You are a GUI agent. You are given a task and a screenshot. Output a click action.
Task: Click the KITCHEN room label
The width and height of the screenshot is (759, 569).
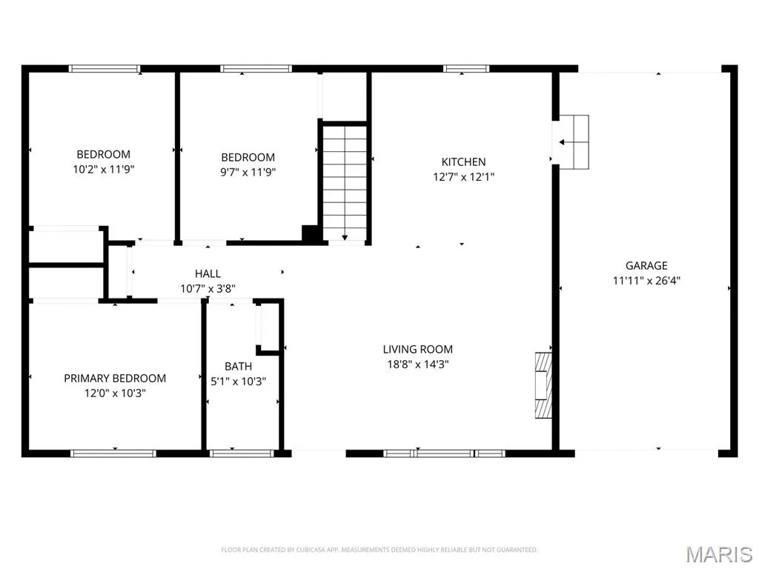click(463, 162)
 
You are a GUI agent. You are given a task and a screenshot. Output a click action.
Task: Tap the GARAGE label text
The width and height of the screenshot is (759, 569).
click(646, 265)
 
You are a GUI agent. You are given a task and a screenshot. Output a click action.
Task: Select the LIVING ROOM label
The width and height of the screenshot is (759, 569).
click(418, 349)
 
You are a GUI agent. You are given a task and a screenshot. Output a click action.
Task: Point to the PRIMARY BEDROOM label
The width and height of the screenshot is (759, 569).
click(115, 378)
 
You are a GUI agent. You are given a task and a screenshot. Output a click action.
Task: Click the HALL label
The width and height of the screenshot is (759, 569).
click(208, 273)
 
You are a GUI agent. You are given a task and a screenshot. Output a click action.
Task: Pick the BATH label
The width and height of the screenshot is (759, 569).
click(238, 366)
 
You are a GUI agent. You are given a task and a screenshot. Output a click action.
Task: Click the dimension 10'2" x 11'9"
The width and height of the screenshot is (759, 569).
click(103, 170)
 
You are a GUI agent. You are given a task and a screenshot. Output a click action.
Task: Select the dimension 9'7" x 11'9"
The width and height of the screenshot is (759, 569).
click(248, 172)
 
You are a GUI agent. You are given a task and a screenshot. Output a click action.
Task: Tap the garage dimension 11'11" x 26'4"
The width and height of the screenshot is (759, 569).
click(646, 280)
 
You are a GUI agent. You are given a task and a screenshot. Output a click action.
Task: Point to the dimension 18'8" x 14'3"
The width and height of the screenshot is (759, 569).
click(418, 364)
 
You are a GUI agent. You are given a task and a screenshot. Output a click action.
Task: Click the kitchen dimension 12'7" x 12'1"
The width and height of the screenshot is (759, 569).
click(463, 176)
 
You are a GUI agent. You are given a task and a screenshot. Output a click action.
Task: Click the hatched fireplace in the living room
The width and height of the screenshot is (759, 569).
click(543, 385)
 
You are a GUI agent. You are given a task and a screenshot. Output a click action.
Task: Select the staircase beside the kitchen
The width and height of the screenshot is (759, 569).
click(345, 182)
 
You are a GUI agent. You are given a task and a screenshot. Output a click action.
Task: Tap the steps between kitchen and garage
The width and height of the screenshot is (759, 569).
click(574, 142)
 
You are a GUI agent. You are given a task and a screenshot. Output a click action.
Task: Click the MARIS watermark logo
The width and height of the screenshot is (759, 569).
click(719, 554)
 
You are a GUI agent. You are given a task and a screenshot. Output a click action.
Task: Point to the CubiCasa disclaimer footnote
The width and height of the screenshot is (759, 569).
click(379, 550)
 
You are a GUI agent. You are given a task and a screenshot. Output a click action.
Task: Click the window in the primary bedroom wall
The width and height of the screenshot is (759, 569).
click(113, 453)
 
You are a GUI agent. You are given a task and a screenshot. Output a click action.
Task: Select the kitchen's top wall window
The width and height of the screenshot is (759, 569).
click(466, 69)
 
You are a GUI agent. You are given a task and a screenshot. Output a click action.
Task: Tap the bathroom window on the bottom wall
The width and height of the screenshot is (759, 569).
click(242, 453)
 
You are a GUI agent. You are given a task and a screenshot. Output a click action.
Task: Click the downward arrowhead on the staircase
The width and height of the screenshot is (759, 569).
click(345, 238)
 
